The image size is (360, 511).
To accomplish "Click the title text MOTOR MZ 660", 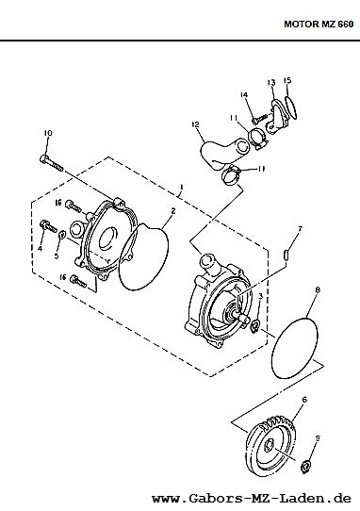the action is click(x=319, y=25).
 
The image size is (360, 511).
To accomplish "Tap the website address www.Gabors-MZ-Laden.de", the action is click(x=252, y=499).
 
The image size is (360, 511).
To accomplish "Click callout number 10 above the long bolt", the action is click(x=48, y=133).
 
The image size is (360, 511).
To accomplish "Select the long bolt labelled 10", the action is click(x=52, y=163).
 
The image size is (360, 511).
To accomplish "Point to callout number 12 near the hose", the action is click(x=195, y=124).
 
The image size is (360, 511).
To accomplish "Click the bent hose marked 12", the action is click(x=223, y=154).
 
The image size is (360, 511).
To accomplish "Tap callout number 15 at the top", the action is click(x=287, y=80).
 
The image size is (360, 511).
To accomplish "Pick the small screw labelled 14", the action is click(x=259, y=118).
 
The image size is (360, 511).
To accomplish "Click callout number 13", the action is click(x=271, y=82).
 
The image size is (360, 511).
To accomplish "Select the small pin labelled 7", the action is click(x=286, y=255).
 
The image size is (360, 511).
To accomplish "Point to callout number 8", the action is click(x=318, y=289).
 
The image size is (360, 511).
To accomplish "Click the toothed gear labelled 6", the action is click(x=271, y=446).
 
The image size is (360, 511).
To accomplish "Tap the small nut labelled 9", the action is click(x=305, y=468).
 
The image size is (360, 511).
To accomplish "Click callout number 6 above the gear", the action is click(x=304, y=399).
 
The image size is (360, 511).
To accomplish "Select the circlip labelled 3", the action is click(x=254, y=326).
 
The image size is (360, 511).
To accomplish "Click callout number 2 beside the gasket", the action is click(x=173, y=211).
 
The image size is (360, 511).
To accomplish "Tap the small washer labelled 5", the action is click(x=62, y=235).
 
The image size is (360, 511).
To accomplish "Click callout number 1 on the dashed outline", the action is click(x=182, y=188).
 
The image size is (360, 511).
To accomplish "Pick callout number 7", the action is click(x=300, y=229).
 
